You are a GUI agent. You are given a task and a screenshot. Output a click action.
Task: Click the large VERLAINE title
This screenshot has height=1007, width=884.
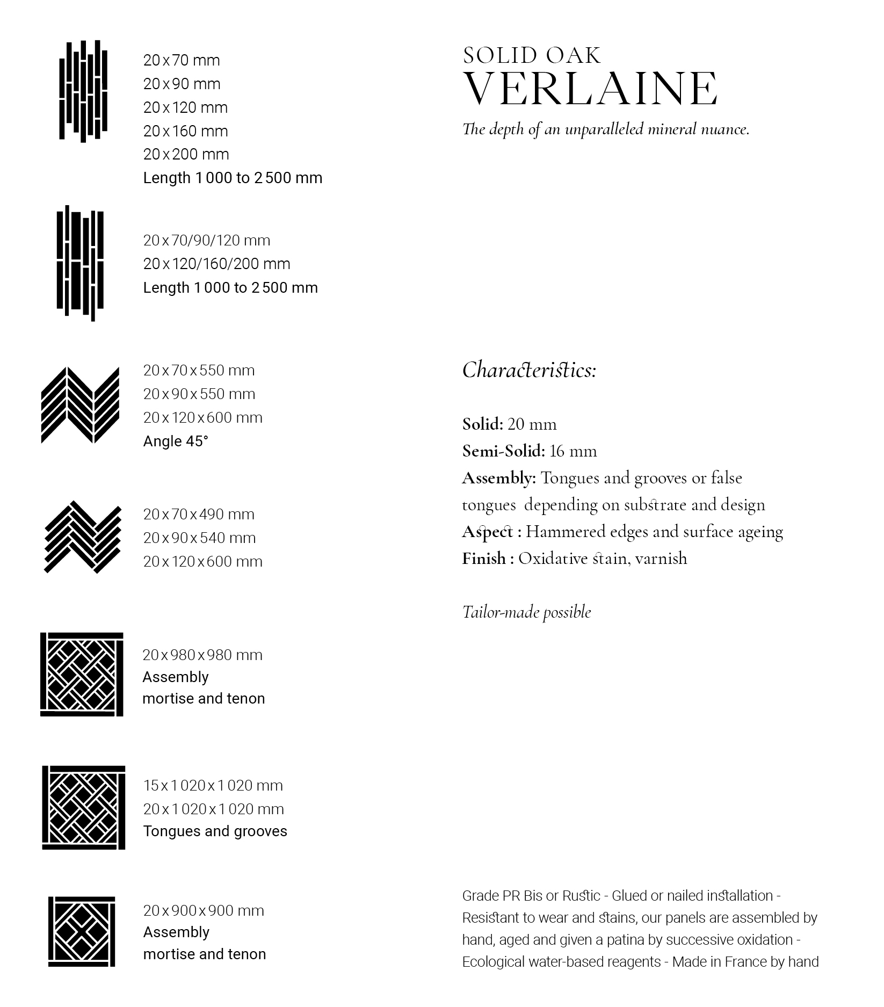tap(590, 89)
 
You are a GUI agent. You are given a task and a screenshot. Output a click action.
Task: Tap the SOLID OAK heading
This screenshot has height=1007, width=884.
tap(532, 56)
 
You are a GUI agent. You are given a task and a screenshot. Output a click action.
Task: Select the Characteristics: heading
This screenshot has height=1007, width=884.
tap(529, 371)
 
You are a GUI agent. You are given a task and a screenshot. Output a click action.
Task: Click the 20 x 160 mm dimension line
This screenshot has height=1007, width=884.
tap(185, 131)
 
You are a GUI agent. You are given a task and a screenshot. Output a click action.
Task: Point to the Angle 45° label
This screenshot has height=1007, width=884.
tap(176, 441)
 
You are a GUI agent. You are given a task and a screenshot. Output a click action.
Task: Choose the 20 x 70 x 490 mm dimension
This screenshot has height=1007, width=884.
tap(199, 515)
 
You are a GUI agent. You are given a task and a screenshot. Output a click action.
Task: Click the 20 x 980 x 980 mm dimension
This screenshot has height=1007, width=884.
tap(202, 655)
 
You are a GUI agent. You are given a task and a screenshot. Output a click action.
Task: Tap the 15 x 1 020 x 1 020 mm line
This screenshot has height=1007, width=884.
tap(213, 786)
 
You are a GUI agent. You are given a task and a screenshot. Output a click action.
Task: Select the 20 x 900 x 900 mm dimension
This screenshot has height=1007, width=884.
tap(204, 911)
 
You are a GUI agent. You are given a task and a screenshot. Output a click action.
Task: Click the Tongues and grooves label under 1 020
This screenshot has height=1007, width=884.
tap(215, 831)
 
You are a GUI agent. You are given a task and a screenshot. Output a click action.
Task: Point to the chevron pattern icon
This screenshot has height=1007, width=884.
tap(81, 405)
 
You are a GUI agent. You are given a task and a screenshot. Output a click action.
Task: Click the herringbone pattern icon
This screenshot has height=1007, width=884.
tap(82, 537)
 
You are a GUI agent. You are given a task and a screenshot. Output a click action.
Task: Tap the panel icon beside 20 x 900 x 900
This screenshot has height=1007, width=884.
tap(82, 932)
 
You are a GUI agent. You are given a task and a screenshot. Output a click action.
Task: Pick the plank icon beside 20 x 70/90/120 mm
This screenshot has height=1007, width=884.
tap(81, 263)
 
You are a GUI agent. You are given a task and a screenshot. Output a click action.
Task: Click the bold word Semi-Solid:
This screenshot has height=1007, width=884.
tap(503, 451)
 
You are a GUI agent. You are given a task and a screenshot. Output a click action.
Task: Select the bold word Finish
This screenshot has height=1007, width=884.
tap(484, 559)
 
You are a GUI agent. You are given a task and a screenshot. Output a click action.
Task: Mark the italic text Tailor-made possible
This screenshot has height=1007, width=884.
tap(526, 612)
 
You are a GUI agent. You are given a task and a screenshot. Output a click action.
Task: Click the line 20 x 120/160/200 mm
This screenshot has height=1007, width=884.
tap(216, 264)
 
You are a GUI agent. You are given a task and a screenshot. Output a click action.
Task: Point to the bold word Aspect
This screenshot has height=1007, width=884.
tap(488, 532)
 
